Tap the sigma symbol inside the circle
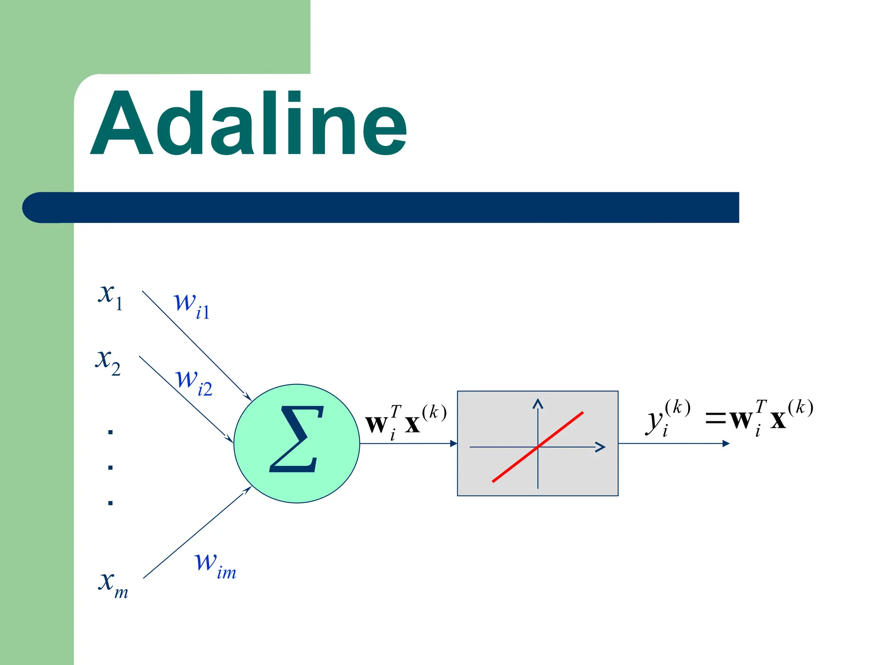(x=297, y=439)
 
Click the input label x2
(x=108, y=362)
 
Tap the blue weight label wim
(x=215, y=565)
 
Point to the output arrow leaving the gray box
(x=673, y=443)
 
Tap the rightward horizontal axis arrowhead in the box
(x=601, y=447)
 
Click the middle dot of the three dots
(x=110, y=468)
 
